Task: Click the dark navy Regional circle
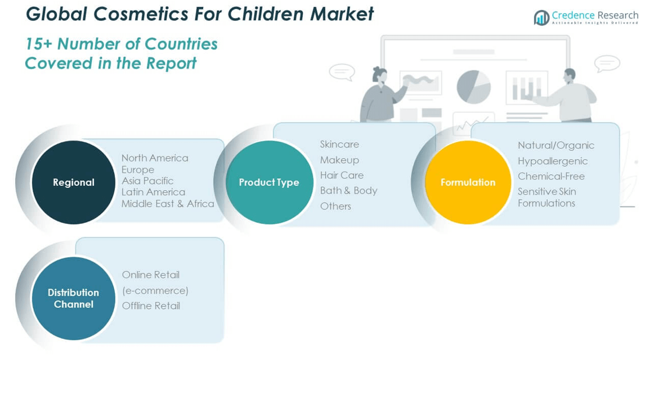(73, 182)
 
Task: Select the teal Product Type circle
(270, 182)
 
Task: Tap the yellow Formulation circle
(468, 182)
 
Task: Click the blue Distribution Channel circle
(73, 298)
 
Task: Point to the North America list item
(155, 158)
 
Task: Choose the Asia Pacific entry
(147, 181)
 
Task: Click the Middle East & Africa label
(168, 204)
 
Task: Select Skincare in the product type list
(339, 144)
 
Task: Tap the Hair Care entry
(342, 175)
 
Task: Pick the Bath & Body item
(349, 191)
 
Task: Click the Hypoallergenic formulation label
(553, 161)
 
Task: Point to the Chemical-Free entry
(551, 176)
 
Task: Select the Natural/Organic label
(556, 145)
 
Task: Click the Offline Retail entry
(151, 306)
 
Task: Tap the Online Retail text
(151, 275)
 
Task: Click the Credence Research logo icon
(541, 17)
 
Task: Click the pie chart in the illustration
(473, 87)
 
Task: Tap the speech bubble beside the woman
(342, 72)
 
